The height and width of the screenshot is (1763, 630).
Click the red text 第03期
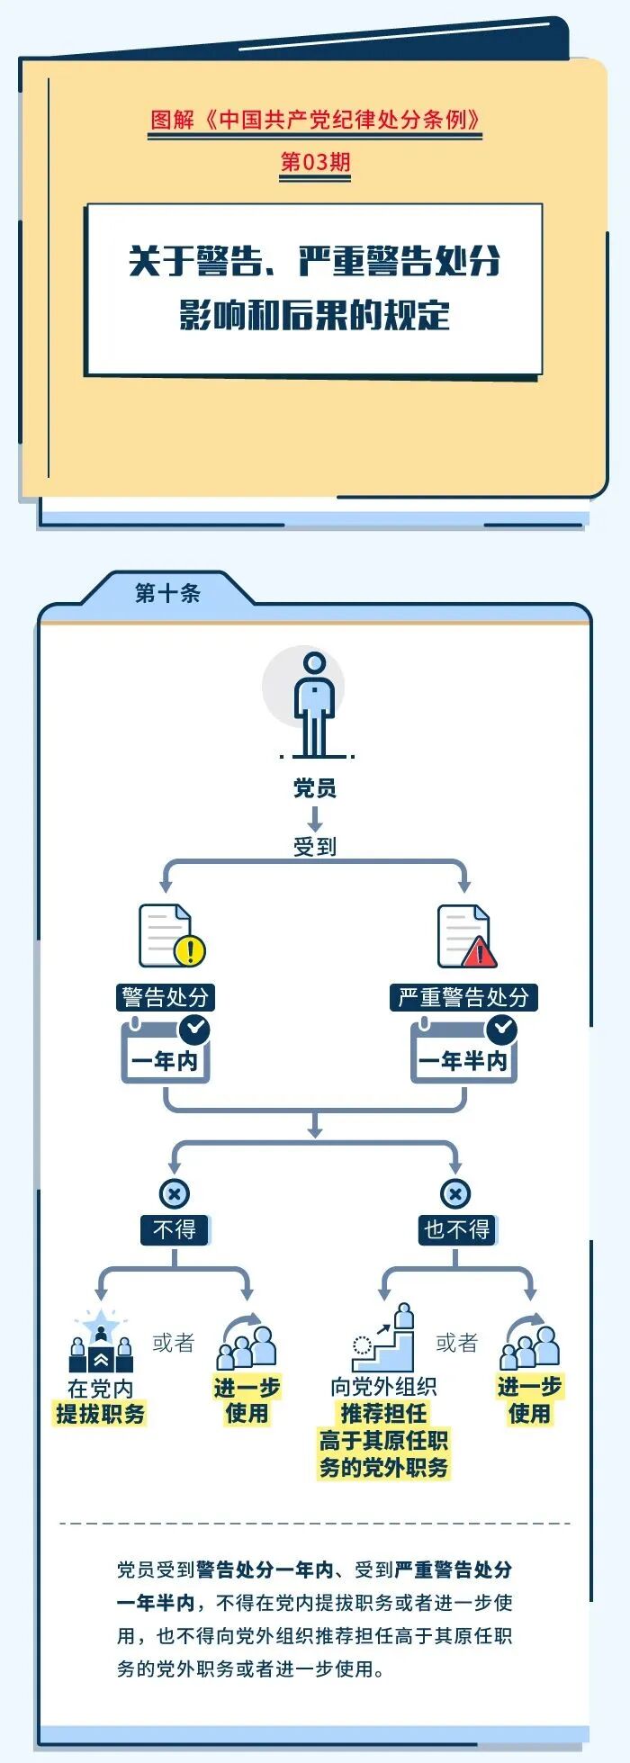[x=315, y=162]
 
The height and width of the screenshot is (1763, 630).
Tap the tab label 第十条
[x=167, y=593]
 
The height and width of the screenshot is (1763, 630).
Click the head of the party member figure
[x=314, y=664]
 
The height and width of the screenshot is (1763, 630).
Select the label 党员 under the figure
[x=314, y=788]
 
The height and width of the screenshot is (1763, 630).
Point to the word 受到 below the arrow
[x=314, y=846]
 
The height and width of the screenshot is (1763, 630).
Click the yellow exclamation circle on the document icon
[x=191, y=949]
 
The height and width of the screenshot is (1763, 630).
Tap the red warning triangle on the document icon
[x=480, y=952]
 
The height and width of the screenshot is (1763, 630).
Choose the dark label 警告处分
[x=166, y=997]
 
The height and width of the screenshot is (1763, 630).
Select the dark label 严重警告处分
[x=463, y=997]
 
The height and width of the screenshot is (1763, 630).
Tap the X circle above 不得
[x=175, y=1194]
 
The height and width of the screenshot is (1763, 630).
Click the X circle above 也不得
[x=455, y=1194]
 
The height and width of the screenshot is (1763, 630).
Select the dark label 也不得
[x=456, y=1229]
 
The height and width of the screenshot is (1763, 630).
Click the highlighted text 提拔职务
[x=101, y=1414]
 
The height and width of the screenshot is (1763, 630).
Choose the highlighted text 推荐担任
[x=383, y=1413]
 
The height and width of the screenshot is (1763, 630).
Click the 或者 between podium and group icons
[x=174, y=1343]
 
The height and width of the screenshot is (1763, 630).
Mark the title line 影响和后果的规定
[x=314, y=315]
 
